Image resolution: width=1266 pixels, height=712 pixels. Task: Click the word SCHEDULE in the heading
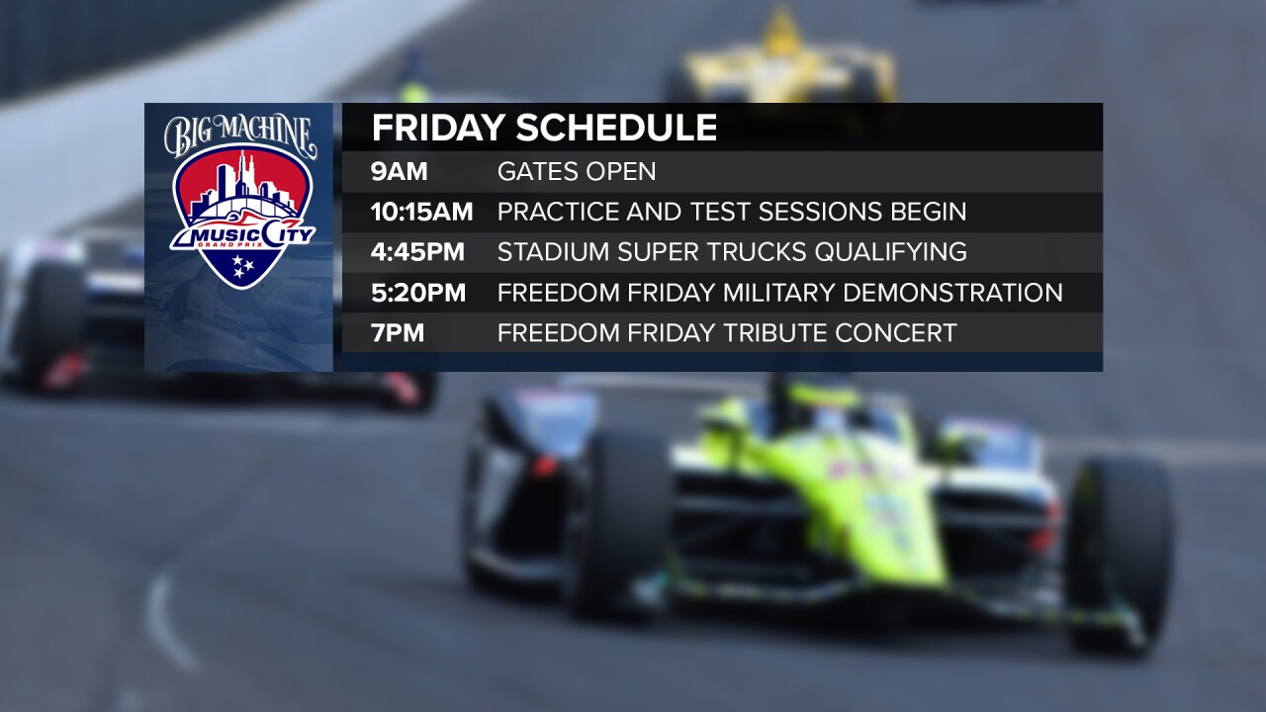(x=616, y=129)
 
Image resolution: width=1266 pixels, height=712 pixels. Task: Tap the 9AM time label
(x=399, y=171)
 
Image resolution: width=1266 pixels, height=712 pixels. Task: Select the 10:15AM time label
(x=421, y=212)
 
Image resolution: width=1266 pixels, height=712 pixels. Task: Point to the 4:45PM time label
(x=417, y=252)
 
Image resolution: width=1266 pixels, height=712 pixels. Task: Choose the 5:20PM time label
(x=417, y=293)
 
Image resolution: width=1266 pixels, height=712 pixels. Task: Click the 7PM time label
(x=398, y=333)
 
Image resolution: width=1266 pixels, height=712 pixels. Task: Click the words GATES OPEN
(x=577, y=171)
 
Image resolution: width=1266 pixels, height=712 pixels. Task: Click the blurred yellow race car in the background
(x=781, y=64)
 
